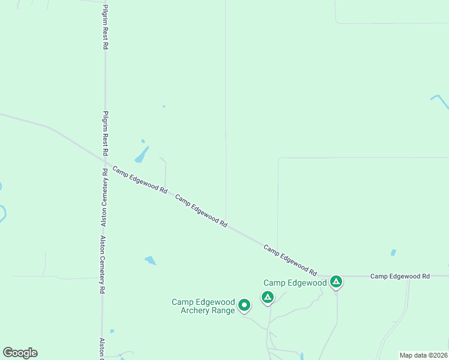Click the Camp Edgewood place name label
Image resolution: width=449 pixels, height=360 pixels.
click(295, 283)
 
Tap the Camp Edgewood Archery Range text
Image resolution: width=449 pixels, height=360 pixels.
click(203, 306)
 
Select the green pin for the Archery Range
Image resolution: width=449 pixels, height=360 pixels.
click(244, 305)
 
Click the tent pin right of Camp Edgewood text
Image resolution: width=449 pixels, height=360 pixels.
click(336, 281)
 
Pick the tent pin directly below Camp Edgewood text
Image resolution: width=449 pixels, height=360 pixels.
click(268, 296)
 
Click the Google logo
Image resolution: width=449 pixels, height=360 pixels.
click(20, 353)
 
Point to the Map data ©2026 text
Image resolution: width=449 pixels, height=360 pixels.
click(423, 355)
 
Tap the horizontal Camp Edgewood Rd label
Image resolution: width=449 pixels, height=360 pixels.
click(400, 276)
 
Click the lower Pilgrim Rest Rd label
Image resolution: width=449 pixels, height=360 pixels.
click(105, 134)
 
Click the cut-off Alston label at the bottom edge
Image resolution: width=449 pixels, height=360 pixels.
click(102, 348)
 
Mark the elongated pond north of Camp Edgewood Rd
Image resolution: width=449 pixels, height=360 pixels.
click(142, 155)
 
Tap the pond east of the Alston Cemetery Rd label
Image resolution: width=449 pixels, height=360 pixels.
click(150, 260)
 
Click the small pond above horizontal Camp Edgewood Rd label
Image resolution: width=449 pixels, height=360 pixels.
click(393, 253)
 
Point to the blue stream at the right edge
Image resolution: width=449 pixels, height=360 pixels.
click(439, 100)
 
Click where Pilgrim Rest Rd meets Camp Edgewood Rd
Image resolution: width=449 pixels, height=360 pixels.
click(105, 163)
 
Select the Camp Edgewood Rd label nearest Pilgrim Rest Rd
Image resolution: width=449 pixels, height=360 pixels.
click(139, 179)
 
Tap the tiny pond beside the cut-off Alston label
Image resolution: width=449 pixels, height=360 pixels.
click(112, 331)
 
